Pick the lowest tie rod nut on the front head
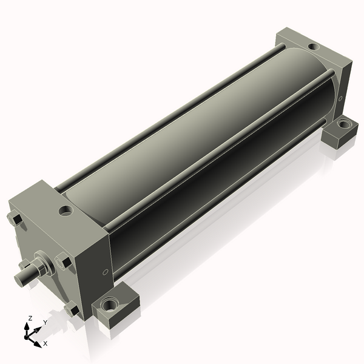coord(72,309)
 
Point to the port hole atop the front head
coord(66,211)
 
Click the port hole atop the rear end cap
coord(314,47)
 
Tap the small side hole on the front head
coord(105,272)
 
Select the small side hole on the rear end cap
coord(340,98)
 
